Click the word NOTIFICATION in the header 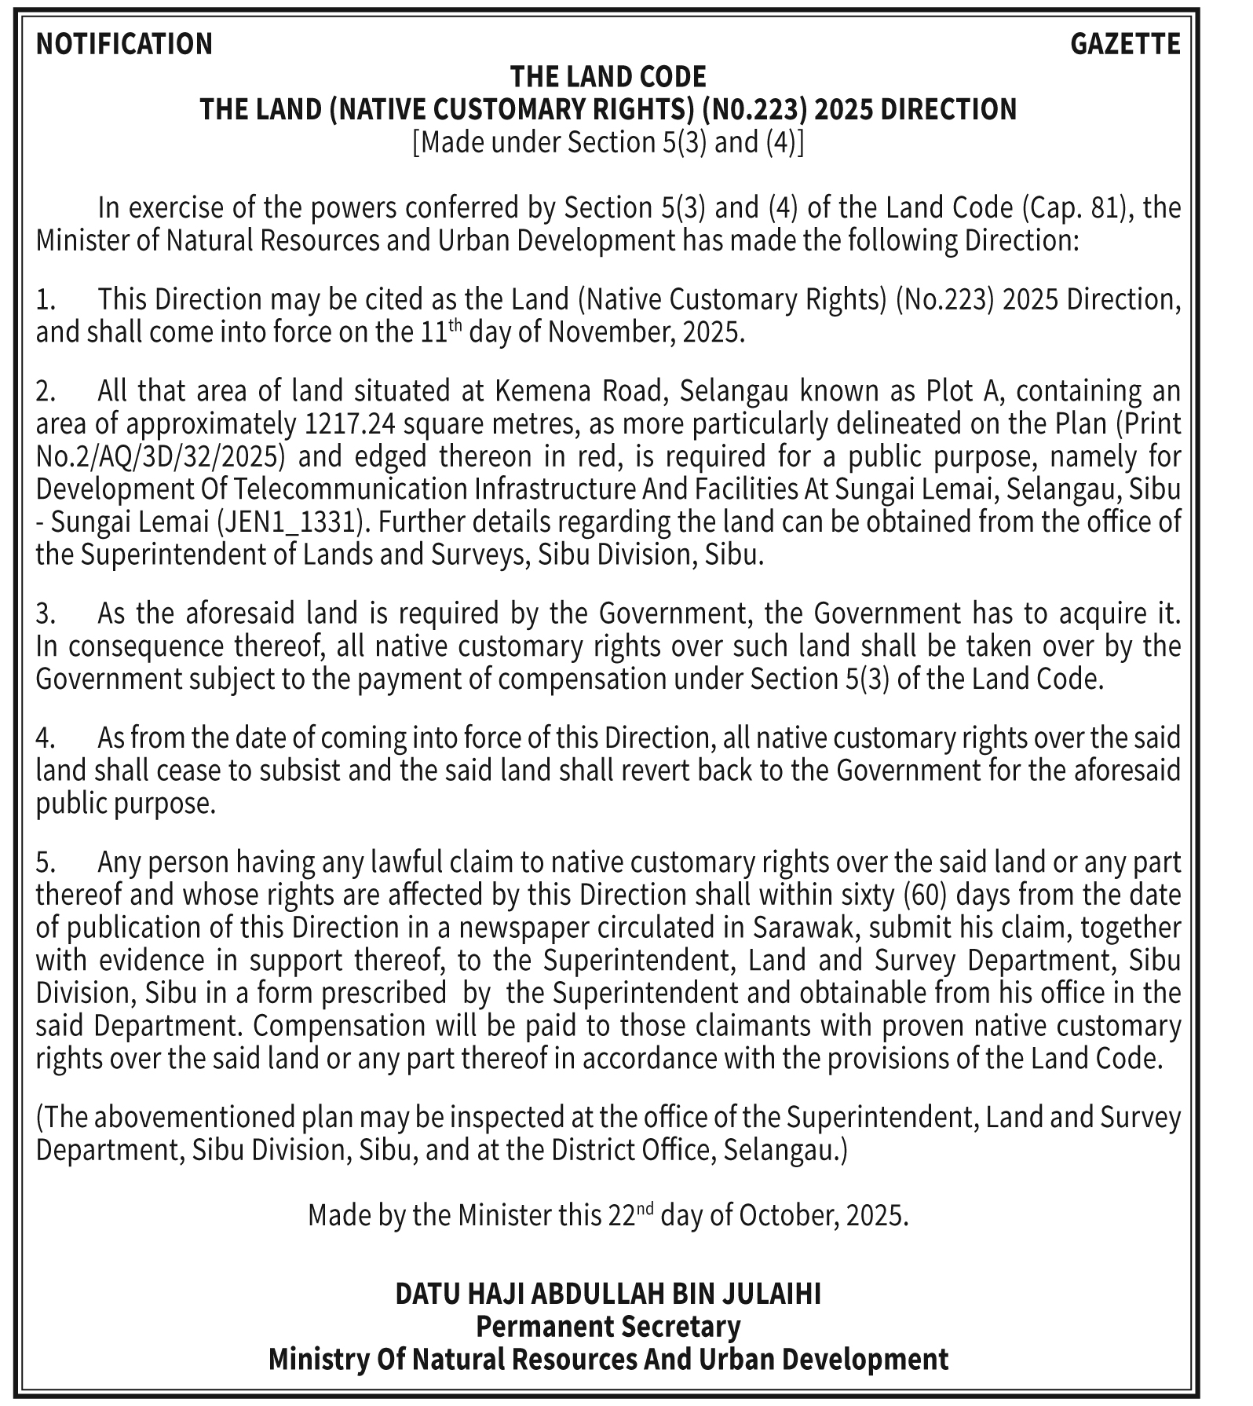(124, 44)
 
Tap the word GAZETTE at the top (1125, 44)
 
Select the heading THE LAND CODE (608, 76)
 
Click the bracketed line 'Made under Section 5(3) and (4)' (608, 142)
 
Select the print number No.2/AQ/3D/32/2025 (159, 456)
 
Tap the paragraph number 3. (44, 613)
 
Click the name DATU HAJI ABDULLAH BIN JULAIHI (608, 1294)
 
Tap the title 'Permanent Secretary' (608, 1327)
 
